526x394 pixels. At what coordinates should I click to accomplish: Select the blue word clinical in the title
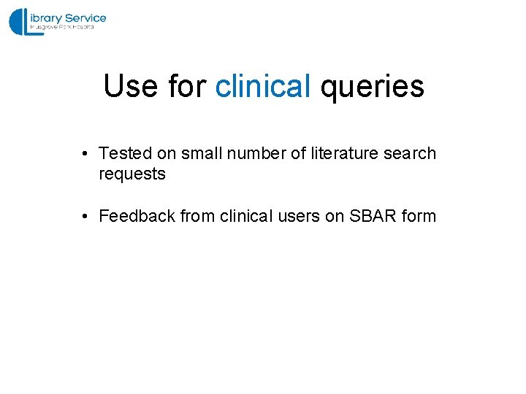(x=263, y=86)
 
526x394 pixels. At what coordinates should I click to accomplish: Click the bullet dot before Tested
(x=85, y=154)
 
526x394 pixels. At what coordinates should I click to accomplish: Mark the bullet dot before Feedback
(x=85, y=217)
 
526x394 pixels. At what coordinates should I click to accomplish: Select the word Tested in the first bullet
(x=126, y=154)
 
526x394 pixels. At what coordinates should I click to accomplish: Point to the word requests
(x=132, y=175)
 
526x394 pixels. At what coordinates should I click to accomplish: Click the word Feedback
(x=135, y=217)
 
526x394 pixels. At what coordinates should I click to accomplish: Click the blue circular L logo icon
(x=20, y=22)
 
